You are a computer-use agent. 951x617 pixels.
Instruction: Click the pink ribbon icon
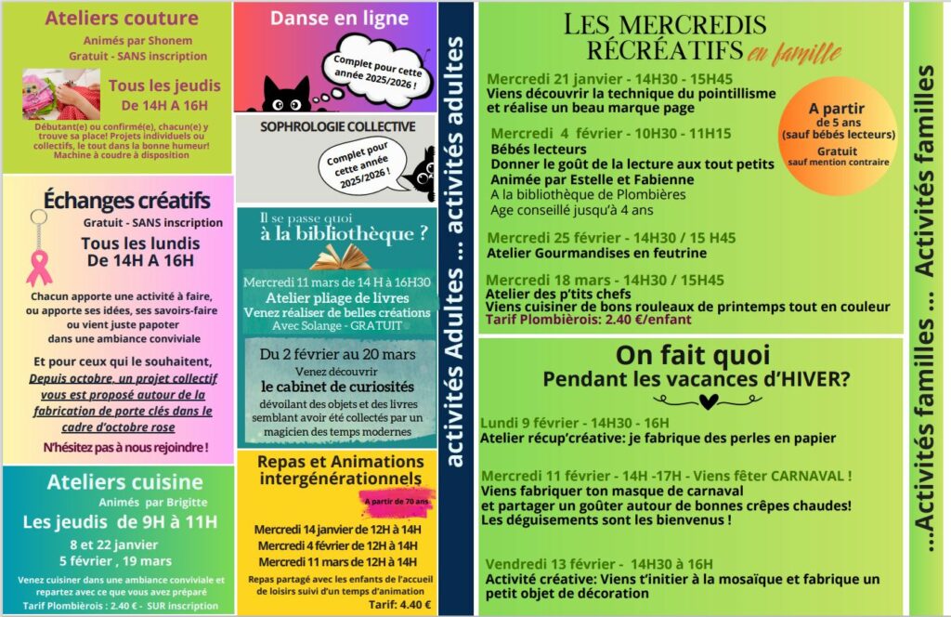(38, 265)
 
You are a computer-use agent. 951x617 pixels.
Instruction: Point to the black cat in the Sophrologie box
(420, 172)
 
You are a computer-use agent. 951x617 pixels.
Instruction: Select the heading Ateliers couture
(122, 19)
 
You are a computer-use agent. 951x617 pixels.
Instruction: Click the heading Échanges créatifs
(126, 201)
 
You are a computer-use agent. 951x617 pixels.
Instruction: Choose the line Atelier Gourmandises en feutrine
(596, 253)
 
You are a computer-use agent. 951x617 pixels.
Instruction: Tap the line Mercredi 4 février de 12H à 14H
(337, 545)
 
